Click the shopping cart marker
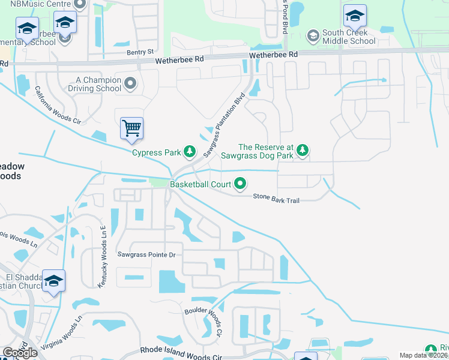[x=131, y=128]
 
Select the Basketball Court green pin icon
[x=241, y=184]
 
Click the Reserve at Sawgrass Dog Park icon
[x=303, y=151]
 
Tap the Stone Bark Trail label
[x=276, y=197]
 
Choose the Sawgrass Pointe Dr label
[x=146, y=255]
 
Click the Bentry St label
[x=140, y=53]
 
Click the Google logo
[x=20, y=353]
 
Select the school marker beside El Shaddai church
[x=53, y=281]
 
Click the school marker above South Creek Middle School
[x=354, y=16]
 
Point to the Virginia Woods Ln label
[x=60, y=333]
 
